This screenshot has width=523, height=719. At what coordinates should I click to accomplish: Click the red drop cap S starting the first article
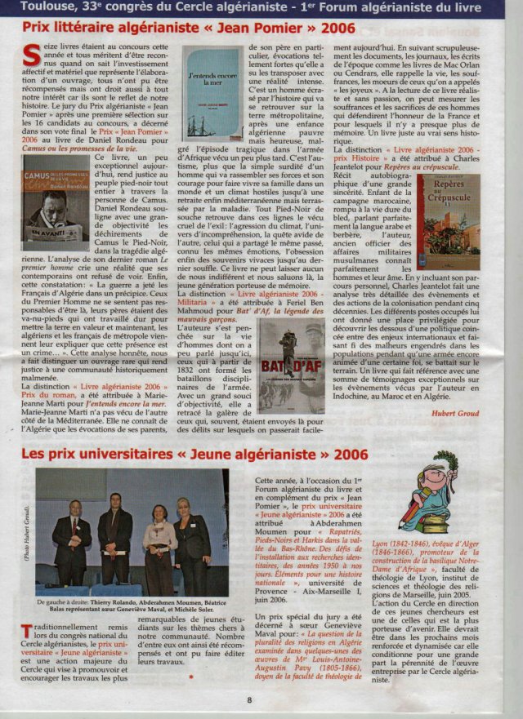tap(32, 56)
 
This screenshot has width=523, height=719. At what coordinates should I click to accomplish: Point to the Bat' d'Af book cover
tap(291, 365)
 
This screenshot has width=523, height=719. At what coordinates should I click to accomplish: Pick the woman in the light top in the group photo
tap(159, 543)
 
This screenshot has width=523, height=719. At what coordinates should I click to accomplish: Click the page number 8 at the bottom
tap(250, 699)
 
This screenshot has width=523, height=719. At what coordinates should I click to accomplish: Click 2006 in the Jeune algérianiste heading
tap(343, 454)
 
